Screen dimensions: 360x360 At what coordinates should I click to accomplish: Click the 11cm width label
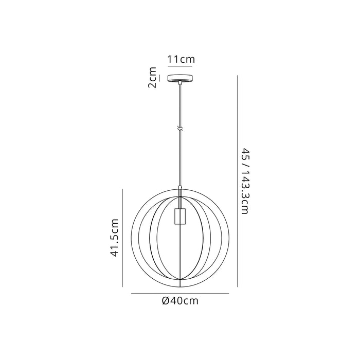tap(181, 60)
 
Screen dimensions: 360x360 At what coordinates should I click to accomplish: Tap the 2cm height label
tap(152, 78)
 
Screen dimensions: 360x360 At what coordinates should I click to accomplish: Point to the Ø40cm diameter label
tap(180, 301)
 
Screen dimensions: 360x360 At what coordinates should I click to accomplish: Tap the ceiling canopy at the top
tap(180, 78)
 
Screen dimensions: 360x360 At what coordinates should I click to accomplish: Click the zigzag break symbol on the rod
tap(180, 129)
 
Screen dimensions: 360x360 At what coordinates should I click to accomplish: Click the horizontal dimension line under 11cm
tap(181, 67)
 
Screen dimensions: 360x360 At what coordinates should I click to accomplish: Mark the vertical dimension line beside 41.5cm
tap(123, 238)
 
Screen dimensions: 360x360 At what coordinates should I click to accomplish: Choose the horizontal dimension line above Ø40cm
tap(180, 294)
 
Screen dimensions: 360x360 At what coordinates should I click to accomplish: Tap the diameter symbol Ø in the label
tap(165, 301)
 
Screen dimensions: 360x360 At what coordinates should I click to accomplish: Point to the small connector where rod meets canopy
tap(180, 84)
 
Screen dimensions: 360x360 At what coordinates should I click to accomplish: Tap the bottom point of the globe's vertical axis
tap(180, 286)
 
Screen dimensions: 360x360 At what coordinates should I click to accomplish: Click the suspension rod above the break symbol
tap(180, 105)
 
